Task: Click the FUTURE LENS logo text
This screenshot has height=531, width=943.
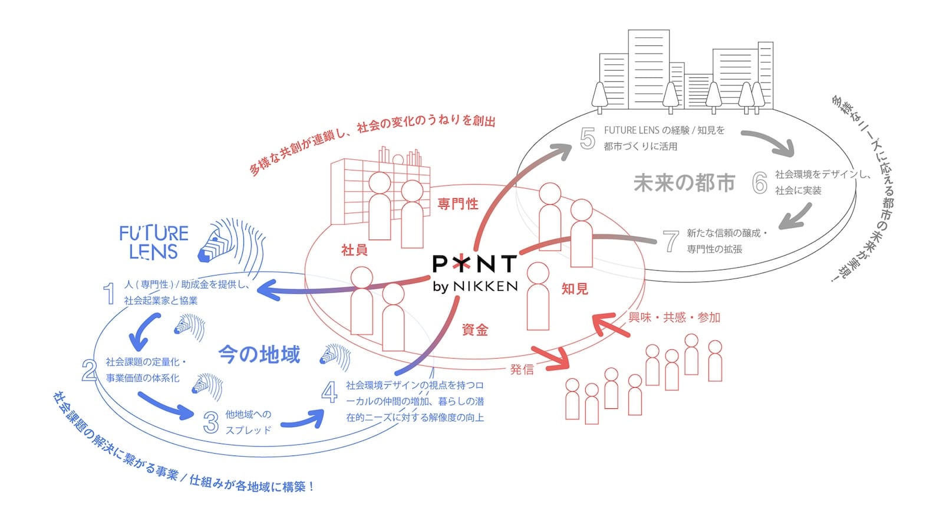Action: tap(154, 242)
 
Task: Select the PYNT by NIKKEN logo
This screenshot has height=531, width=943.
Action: tap(475, 273)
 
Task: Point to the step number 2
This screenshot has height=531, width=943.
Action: tap(89, 370)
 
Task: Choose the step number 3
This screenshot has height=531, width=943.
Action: tap(211, 422)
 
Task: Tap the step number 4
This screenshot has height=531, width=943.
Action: tap(329, 392)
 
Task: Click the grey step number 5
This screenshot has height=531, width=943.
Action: tap(588, 138)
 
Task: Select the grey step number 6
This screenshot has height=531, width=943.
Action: tap(760, 183)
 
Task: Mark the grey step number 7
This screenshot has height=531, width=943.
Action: tap(671, 241)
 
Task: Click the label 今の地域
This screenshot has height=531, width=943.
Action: tap(259, 355)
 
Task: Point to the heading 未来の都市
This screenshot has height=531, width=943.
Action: tap(684, 183)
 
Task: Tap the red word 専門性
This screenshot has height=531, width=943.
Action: tap(458, 204)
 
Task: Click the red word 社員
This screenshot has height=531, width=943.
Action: tap(354, 250)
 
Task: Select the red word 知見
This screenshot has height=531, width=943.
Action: tap(575, 289)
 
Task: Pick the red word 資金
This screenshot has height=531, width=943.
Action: tap(475, 330)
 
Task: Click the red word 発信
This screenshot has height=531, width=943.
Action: tap(522, 369)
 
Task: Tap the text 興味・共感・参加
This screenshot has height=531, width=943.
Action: tap(674, 317)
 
